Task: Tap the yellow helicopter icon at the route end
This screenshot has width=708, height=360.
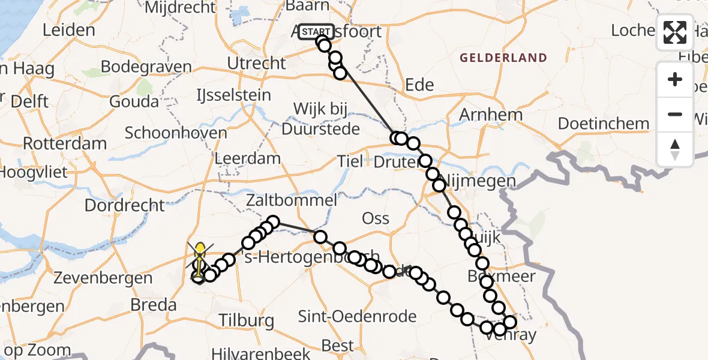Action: coord(200,258)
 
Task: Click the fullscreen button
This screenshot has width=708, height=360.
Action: coord(675,32)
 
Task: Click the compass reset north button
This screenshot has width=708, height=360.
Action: coord(675,149)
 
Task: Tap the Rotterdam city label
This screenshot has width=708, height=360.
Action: coord(65,144)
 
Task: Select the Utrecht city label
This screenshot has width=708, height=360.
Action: coord(257,63)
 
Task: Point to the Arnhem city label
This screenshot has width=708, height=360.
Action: coord(490,114)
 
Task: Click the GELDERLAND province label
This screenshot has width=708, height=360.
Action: coord(503,58)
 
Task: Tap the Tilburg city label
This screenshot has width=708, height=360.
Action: coord(247,320)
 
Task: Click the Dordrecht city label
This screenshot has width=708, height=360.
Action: coord(125,205)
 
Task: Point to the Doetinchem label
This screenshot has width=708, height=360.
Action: coord(604,124)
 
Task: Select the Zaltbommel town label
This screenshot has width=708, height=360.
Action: coord(291,200)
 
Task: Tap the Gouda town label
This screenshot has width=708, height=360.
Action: coord(134,101)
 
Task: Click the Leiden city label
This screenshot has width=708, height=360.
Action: coord(69,30)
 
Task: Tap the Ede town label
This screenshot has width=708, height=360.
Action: coord(419,85)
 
